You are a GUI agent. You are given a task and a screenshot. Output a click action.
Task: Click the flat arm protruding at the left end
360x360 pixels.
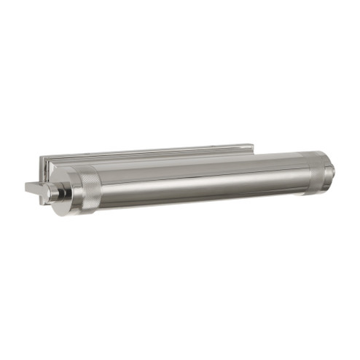click(36, 188)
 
